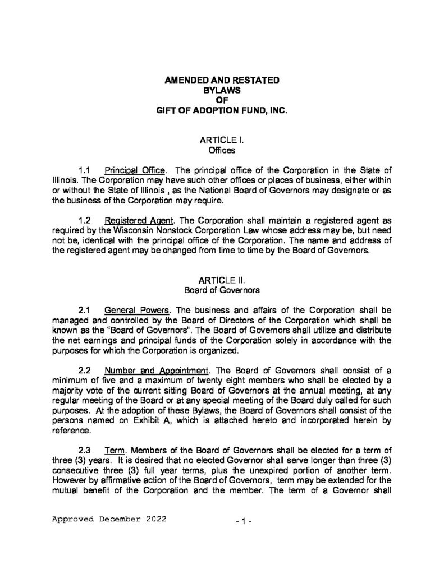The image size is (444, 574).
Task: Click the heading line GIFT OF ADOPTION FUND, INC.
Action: coord(221,112)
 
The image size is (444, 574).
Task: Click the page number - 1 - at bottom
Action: coord(245,522)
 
